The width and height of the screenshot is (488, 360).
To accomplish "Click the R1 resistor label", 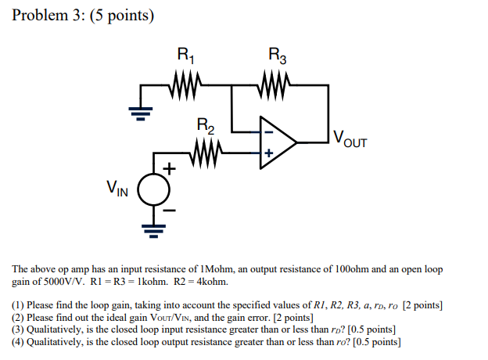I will tap(185, 56).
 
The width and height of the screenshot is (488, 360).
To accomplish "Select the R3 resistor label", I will tap(277, 56).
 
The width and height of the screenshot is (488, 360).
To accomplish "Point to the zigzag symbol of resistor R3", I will tap(276, 81).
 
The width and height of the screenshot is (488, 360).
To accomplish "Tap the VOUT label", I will tap(349, 141).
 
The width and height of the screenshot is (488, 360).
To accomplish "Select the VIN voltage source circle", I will tap(153, 188).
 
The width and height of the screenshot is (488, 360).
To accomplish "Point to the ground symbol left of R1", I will tap(140, 113).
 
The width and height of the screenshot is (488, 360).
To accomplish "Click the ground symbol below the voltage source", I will tap(153, 229).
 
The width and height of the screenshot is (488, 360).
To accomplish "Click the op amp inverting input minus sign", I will tap(267, 133).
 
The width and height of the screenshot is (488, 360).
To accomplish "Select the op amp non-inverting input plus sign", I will tap(267, 153).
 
